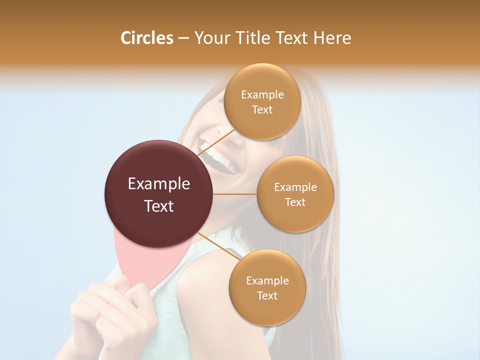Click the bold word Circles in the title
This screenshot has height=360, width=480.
pos(146,37)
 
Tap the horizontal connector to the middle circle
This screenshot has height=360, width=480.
pos(235,194)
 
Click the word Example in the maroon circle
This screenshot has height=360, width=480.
pos(159,184)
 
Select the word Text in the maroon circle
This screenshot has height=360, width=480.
pos(159,205)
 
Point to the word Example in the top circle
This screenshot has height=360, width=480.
pos(262,94)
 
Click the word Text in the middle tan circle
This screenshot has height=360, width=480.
pos(295,202)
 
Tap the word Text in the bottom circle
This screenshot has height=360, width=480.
pos(267,295)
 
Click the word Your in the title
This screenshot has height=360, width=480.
pos(209,37)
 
